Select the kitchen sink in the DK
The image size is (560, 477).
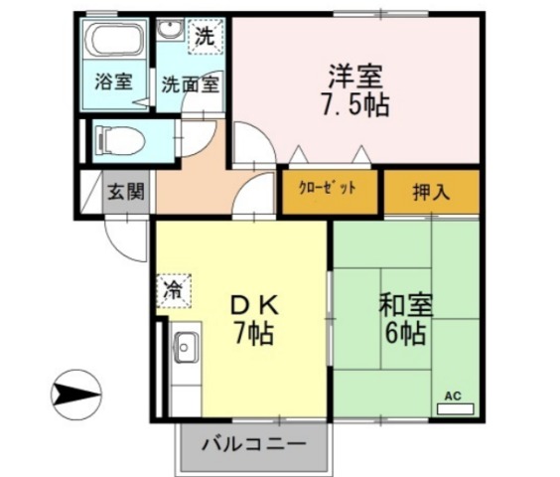[x=186, y=349]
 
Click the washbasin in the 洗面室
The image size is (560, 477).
[x=171, y=33]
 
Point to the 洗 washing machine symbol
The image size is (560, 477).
[x=205, y=38]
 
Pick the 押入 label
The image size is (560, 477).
[x=431, y=191]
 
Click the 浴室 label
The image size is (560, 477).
[x=113, y=82]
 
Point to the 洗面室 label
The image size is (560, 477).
[x=191, y=84]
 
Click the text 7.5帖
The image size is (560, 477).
[x=354, y=104]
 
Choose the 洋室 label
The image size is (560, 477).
[x=354, y=75]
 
